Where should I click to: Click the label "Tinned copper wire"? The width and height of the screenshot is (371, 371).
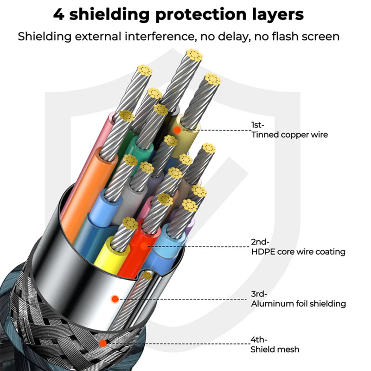289,135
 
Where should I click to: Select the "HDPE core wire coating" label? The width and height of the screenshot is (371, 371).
298,252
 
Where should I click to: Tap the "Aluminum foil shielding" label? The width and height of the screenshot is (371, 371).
298,304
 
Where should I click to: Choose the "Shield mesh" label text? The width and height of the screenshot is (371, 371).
275,349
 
